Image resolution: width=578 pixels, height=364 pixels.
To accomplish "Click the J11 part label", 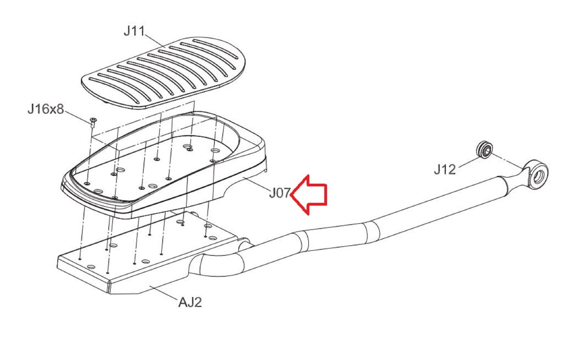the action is click(134, 31).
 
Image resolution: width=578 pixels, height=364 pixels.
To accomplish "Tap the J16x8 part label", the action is click(46, 109).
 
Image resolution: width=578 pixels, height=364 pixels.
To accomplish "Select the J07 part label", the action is click(279, 194).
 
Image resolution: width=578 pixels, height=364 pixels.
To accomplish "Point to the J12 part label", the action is click(445, 169).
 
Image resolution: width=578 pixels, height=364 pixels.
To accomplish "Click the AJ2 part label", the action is click(190, 302).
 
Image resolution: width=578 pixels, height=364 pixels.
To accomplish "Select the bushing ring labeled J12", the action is click(484, 149).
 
